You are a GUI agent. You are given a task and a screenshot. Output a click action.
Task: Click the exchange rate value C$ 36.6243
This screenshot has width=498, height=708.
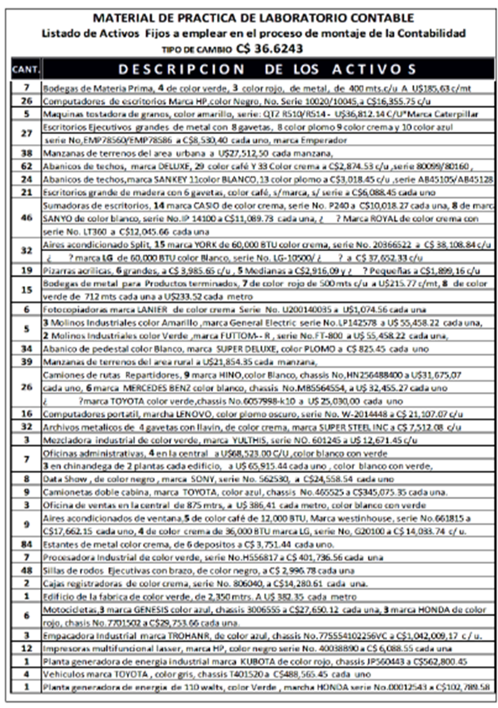(x=269, y=49)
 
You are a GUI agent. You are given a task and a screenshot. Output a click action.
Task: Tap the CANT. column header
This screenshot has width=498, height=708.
(x=26, y=70)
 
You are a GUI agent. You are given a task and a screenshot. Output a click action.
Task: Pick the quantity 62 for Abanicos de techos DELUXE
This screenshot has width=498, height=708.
(x=26, y=166)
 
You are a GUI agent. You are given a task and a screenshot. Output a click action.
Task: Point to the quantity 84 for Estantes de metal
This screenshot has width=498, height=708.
(x=26, y=543)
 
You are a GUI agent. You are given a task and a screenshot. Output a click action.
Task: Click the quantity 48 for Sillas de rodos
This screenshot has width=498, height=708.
(x=26, y=570)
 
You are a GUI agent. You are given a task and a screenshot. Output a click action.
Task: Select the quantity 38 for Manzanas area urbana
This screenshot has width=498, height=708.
(x=26, y=154)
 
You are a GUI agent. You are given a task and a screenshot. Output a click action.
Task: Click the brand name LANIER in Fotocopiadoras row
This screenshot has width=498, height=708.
(x=138, y=309)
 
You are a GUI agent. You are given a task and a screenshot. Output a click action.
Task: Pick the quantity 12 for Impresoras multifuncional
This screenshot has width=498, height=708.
(x=26, y=648)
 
